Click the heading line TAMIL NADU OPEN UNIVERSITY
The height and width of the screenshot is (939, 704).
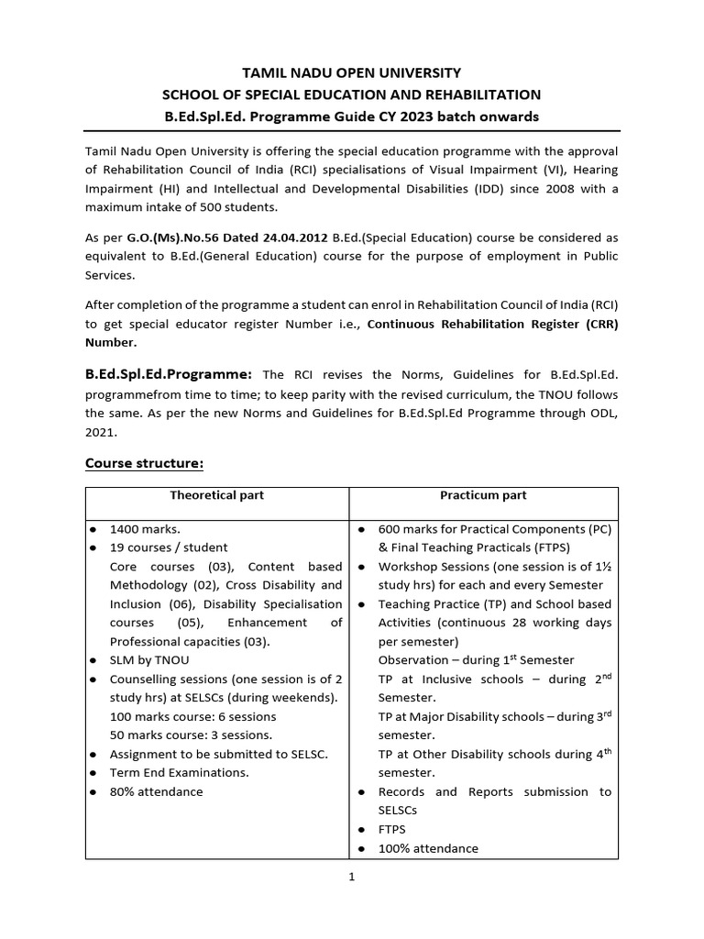351,72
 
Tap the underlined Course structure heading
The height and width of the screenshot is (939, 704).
144,462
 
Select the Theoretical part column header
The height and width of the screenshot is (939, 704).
216,495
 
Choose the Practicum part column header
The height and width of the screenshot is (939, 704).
483,495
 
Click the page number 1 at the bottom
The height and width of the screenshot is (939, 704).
351,876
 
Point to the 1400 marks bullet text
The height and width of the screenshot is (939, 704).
145,529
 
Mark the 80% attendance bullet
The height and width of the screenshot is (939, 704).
156,791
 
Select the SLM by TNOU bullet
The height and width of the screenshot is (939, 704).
150,660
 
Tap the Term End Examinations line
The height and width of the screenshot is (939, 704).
179,772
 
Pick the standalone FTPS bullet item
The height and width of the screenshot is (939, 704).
391,829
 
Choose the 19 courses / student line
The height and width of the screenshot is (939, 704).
168,547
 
